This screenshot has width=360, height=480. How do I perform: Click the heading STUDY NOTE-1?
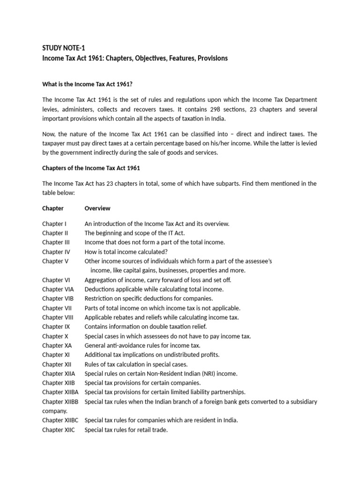[63, 48]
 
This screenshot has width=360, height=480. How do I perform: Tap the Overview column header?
[97, 208]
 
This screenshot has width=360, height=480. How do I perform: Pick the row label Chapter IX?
[56, 327]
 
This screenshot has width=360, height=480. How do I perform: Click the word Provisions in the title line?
[210, 58]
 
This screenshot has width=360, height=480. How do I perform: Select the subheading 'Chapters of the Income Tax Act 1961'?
[91, 168]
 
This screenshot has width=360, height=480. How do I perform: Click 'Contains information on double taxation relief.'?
[145, 327]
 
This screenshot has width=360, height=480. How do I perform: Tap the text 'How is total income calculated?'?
[126, 252]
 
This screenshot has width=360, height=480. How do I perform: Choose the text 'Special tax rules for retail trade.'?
[126, 430]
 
